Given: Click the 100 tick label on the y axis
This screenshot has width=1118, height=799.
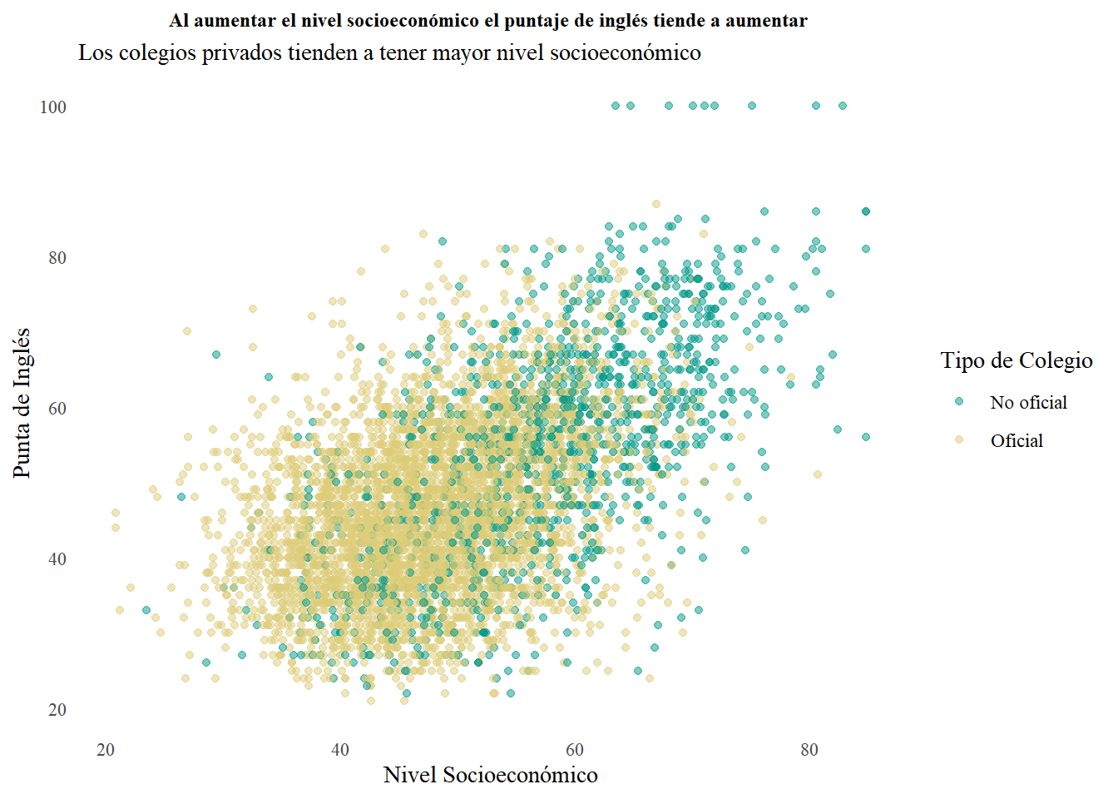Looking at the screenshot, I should pyautogui.click(x=53, y=107).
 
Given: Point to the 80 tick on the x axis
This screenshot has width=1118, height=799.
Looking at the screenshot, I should pyautogui.click(x=809, y=750).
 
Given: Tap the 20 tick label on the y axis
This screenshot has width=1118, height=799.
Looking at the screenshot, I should pyautogui.click(x=57, y=710).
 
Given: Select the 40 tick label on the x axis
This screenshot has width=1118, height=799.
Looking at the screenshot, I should pyautogui.click(x=340, y=750).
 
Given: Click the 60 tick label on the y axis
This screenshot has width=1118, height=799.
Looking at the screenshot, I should pyautogui.click(x=57, y=409).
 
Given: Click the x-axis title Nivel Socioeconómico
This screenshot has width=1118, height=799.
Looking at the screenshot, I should pyautogui.click(x=490, y=775).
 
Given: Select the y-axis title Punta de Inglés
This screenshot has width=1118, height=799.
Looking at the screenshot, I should pyautogui.click(x=22, y=403).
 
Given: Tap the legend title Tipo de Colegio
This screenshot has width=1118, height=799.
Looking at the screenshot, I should pyautogui.click(x=1016, y=360).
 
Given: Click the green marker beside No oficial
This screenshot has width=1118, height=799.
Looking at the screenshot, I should pyautogui.click(x=959, y=402).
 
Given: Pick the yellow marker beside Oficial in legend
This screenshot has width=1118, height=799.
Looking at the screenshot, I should pyautogui.click(x=959, y=439).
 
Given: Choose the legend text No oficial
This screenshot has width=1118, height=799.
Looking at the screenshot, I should pyautogui.click(x=1028, y=403).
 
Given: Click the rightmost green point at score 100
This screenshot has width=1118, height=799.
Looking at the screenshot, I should pyautogui.click(x=843, y=106).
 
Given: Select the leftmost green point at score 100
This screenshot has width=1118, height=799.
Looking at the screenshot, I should pyautogui.click(x=616, y=106).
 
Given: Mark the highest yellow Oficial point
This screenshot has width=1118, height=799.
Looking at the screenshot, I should pyautogui.click(x=656, y=204).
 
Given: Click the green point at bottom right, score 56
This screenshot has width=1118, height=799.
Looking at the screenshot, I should pyautogui.click(x=866, y=437).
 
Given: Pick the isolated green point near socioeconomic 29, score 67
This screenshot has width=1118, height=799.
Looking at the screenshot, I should pyautogui.click(x=216, y=355).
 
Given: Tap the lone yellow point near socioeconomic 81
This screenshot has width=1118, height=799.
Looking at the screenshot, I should pyautogui.click(x=818, y=474).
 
